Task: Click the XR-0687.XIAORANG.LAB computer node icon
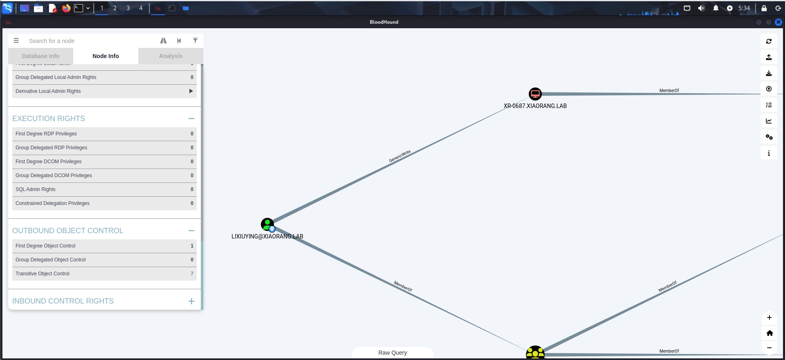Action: click(x=535, y=94)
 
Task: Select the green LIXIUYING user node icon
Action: click(x=267, y=224)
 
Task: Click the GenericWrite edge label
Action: click(x=400, y=156)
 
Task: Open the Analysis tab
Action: click(x=171, y=56)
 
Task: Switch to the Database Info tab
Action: click(x=40, y=56)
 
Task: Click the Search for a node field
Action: click(x=90, y=41)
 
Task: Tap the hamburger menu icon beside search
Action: click(x=16, y=40)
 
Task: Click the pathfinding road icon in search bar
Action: click(x=163, y=40)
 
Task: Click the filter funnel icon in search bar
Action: click(x=195, y=40)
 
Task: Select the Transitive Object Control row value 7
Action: click(x=192, y=274)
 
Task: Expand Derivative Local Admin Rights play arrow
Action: click(x=191, y=91)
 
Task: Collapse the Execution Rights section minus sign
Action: click(x=191, y=119)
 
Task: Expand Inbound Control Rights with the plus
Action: click(x=191, y=301)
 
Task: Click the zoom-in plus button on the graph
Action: click(x=769, y=317)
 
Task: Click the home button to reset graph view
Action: click(x=769, y=333)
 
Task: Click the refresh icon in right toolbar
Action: click(x=769, y=41)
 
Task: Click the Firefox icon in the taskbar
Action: click(x=66, y=8)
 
